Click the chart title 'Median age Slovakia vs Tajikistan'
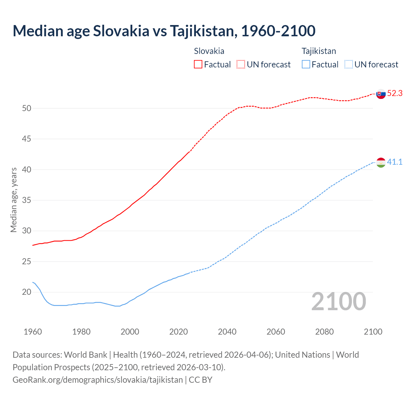pos(164,31)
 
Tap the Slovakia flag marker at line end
pos(381,94)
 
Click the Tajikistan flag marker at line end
pos(381,162)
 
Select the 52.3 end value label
pos(395,93)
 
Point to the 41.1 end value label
pos(395,162)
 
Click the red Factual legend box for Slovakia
pos(198,65)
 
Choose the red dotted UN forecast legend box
pos(241,65)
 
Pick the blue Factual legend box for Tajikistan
pos(306,65)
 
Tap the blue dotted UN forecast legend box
pos(348,65)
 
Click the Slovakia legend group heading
pos(209,51)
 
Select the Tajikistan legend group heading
pos(319,51)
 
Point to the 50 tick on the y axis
pos(27,109)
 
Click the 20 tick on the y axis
pos(27,292)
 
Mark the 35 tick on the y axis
pos(27,200)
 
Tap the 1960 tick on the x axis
pos(33,332)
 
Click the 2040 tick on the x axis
pos(227,332)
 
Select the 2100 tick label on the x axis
pos(373,332)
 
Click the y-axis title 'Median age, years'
pos(13,200)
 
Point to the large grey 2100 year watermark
pos(338,302)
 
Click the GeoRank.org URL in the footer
pos(98,380)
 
